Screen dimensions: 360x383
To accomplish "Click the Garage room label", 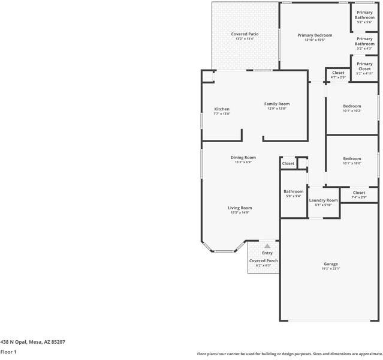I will tap(331, 264).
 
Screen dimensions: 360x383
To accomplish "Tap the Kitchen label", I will tap(222, 109).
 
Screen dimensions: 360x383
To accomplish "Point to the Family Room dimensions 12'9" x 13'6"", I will tap(277, 109).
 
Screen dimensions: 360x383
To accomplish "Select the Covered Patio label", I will tap(245, 34).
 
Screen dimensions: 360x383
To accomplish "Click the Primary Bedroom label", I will tap(315, 35).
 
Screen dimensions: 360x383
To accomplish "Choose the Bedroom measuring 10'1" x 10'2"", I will tap(352, 108).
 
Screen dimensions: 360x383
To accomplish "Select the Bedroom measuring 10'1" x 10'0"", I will tap(352, 160).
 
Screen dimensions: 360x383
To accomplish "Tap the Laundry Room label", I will tap(324, 200).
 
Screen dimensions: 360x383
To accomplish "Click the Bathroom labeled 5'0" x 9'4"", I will tap(294, 193).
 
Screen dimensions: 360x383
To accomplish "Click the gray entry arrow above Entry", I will tap(267, 245).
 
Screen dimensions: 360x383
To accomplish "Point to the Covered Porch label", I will tap(263, 261).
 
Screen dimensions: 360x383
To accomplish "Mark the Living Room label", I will tap(240, 208).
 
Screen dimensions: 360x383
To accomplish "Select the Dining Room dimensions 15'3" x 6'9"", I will tap(243, 162).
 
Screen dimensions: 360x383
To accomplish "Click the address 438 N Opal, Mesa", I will tap(33, 341).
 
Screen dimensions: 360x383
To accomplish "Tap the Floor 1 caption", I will tap(8, 352).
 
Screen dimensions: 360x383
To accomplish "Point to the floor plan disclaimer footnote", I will tap(289, 353).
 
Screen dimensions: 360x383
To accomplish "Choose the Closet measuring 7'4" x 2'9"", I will tap(359, 194).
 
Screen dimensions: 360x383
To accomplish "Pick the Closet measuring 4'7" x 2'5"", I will tap(338, 74).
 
